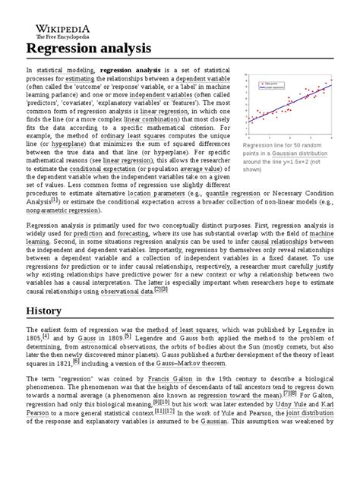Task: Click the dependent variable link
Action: tap(204, 79)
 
